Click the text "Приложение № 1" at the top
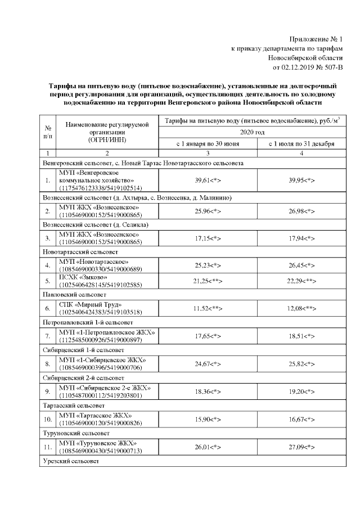(315, 39)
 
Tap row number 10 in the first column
(48, 420)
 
